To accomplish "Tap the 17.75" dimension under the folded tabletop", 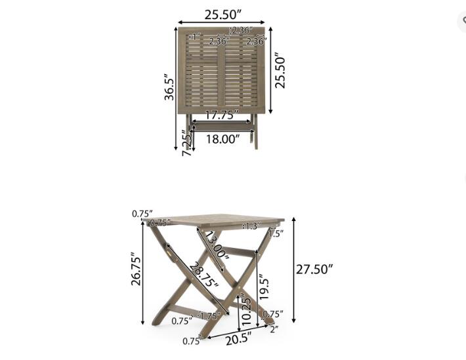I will [221, 115].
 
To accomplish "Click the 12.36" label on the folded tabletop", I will [240, 30].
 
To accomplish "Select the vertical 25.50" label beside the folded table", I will [280, 71].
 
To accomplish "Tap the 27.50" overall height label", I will [314, 269].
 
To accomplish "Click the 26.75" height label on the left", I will [136, 276].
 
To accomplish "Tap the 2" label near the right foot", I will [273, 329].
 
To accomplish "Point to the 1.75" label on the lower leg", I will [209, 317].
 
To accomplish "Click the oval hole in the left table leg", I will [171, 253].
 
